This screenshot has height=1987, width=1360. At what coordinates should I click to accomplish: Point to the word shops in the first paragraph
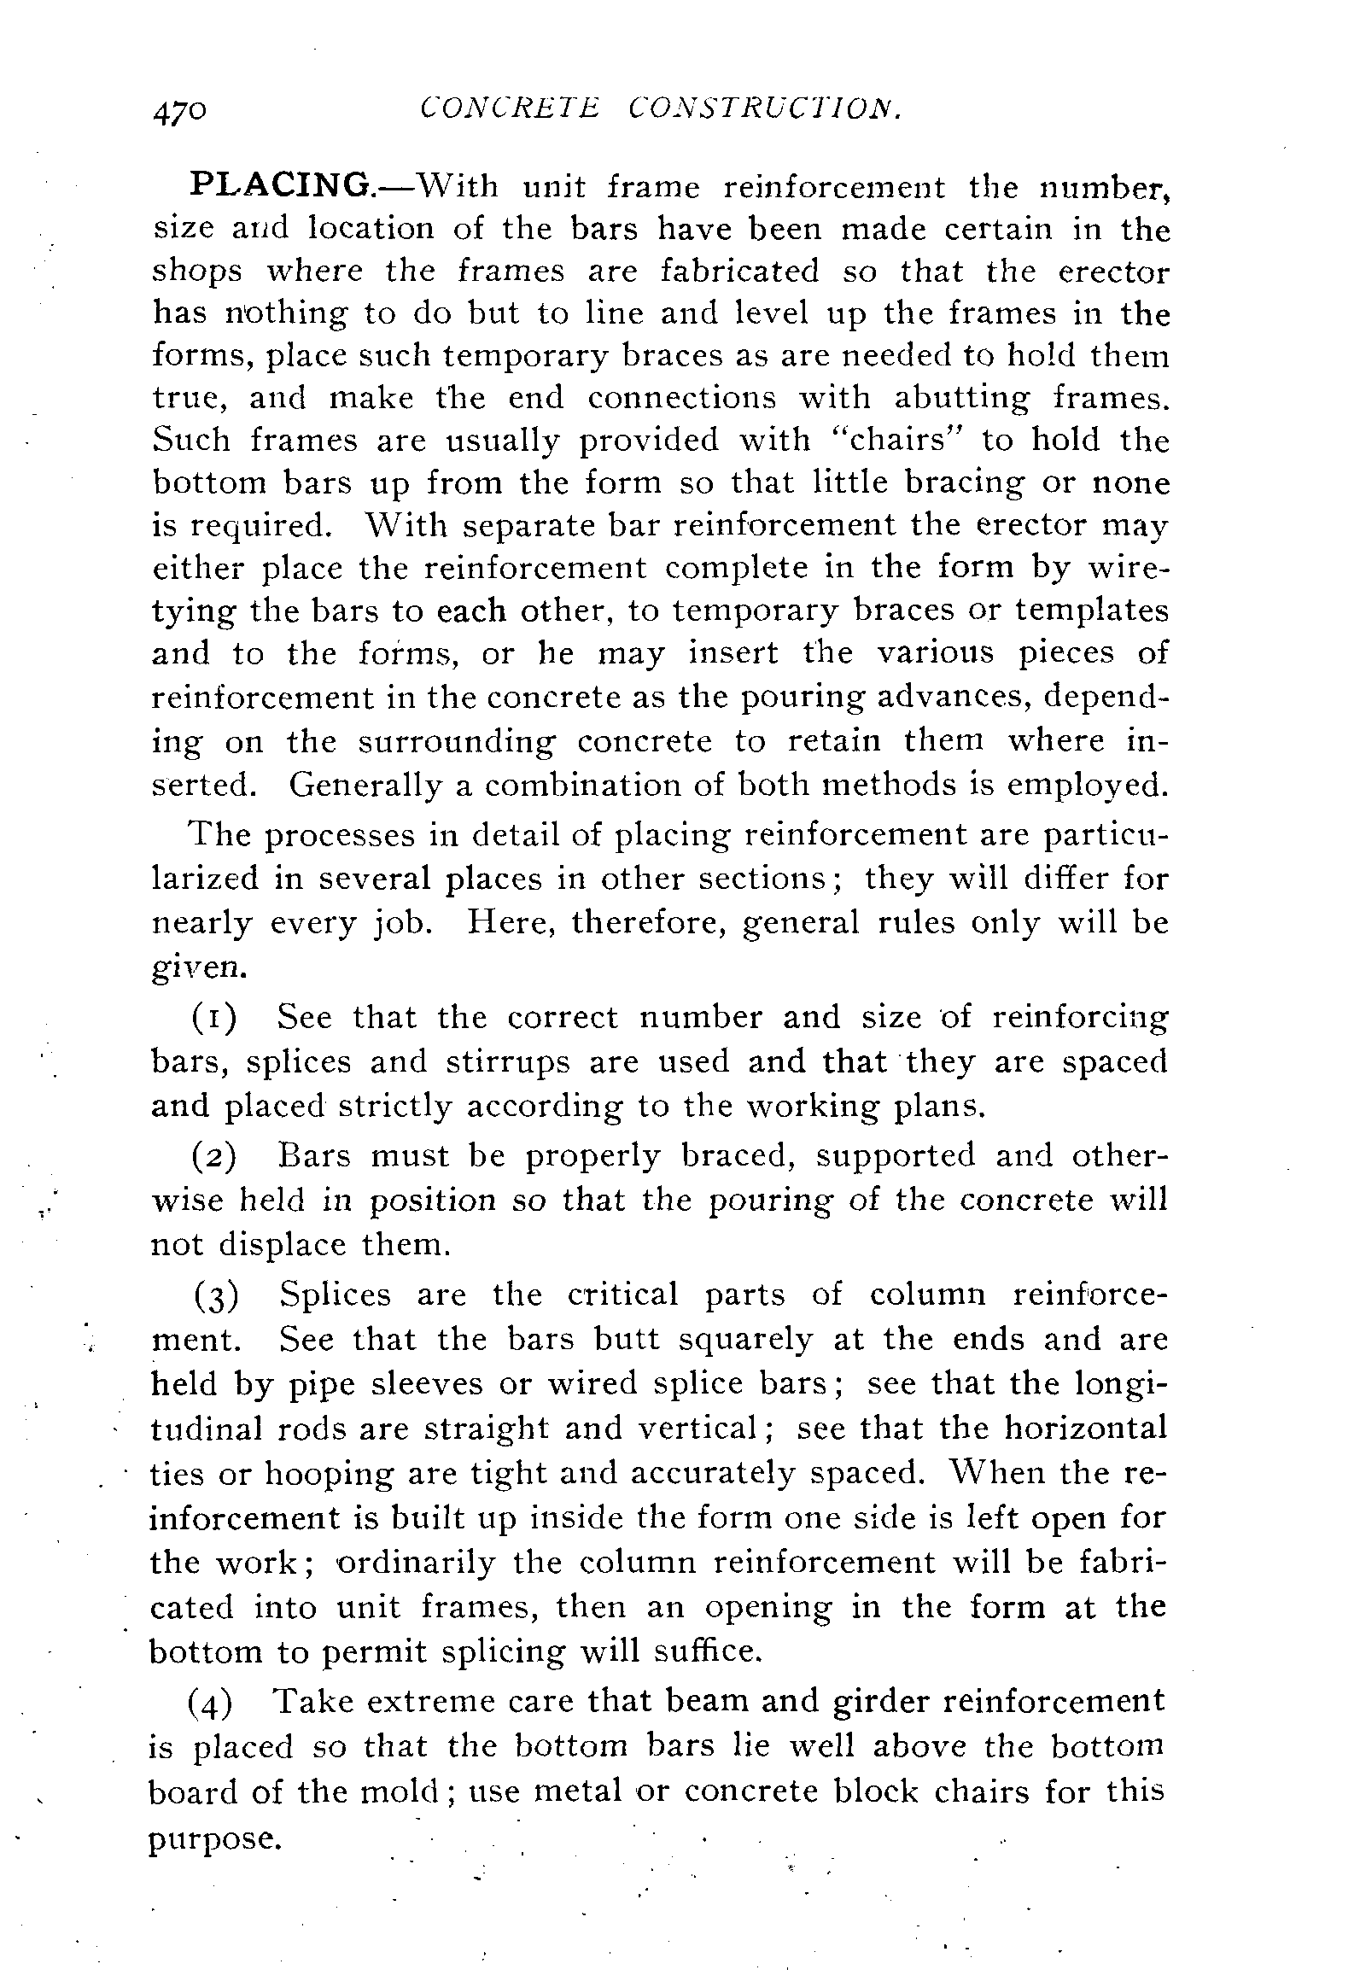pos(196,272)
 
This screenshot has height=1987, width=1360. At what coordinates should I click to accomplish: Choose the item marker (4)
pos(209,1703)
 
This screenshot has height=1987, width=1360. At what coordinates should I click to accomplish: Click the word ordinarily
pos(416,1563)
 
